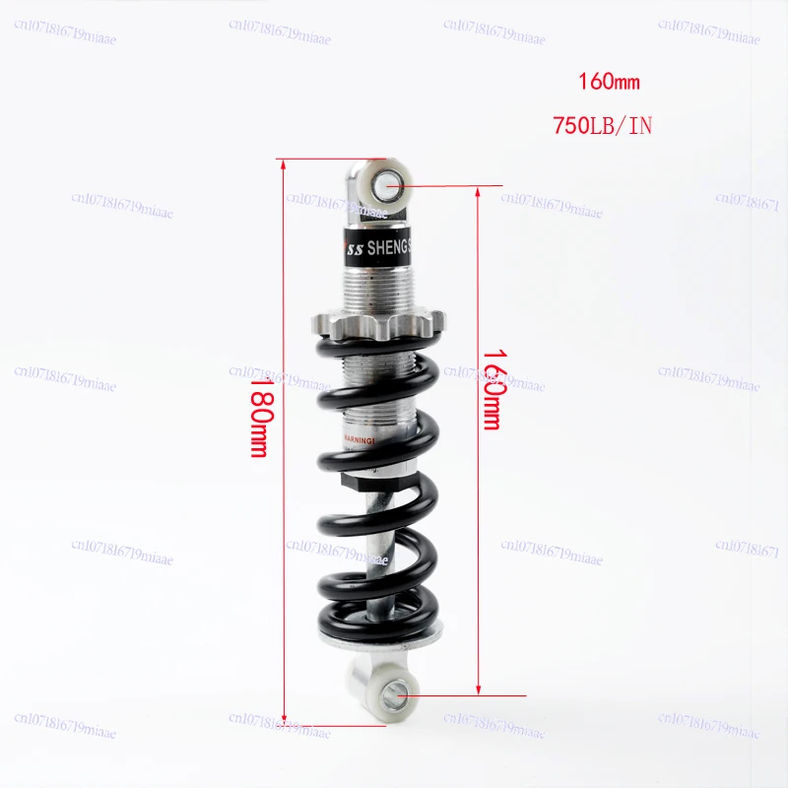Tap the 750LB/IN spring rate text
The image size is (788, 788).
(x=603, y=126)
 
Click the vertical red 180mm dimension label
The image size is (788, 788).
(x=257, y=419)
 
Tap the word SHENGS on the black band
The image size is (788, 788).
(x=393, y=249)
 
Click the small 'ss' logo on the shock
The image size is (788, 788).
(x=353, y=251)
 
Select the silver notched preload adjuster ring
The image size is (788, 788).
(x=380, y=322)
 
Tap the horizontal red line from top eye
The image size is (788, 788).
(x=453, y=185)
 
